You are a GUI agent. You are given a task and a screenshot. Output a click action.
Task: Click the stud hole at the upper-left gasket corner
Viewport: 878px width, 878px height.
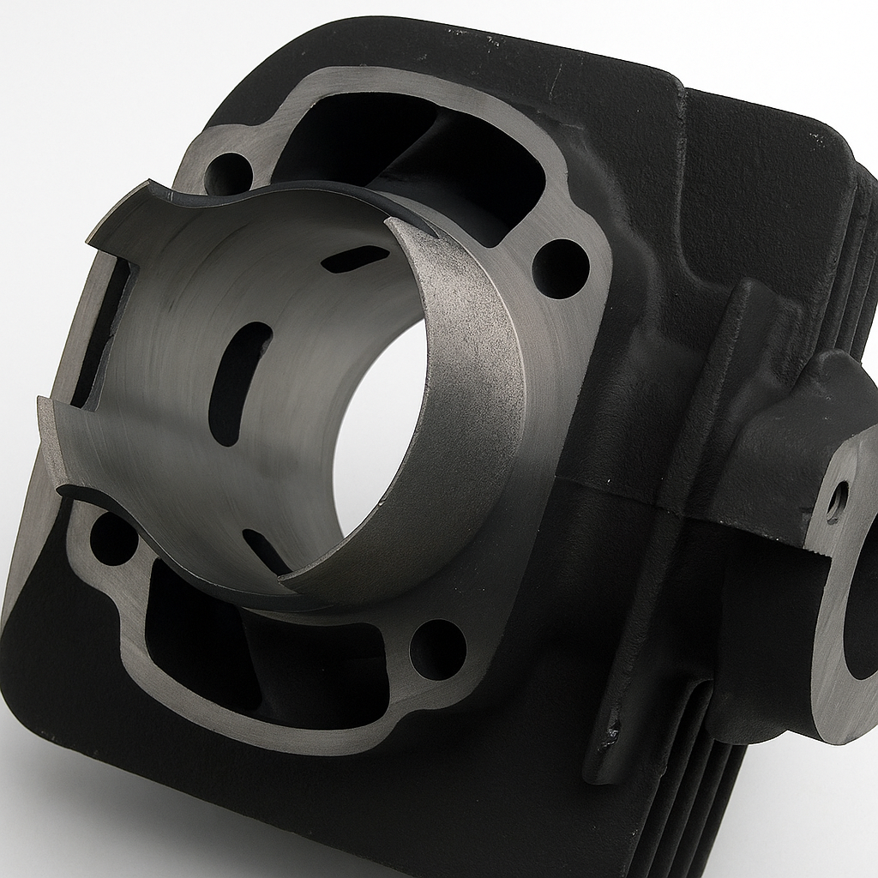click(x=228, y=173)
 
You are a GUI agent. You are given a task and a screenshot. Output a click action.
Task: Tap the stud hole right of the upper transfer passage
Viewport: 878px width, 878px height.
click(x=561, y=268)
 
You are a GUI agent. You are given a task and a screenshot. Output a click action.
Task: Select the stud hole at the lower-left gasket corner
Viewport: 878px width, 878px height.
click(x=112, y=538)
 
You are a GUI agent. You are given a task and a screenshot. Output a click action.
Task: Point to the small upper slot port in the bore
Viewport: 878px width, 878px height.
click(x=354, y=258)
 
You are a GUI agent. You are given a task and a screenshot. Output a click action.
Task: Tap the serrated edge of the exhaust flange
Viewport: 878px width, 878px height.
click(x=822, y=557)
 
